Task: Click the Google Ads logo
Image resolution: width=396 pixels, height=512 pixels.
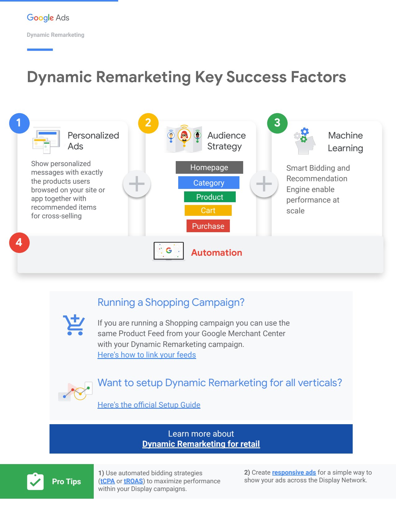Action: click(x=48, y=18)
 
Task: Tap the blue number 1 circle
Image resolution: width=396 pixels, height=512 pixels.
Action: click(x=19, y=123)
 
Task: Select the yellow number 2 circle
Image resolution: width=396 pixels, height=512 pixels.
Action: click(x=148, y=123)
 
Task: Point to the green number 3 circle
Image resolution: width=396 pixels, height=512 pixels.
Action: click(x=277, y=123)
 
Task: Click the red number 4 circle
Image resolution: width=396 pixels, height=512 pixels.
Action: click(x=19, y=243)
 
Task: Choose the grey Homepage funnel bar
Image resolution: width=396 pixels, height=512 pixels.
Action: click(x=209, y=167)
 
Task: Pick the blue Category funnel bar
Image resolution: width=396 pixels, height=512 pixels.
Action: click(x=209, y=183)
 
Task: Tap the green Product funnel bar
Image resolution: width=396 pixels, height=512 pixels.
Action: click(x=210, y=197)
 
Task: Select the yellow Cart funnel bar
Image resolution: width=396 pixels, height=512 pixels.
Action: click(x=208, y=211)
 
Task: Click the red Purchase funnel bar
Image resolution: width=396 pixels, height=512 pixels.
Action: click(x=208, y=226)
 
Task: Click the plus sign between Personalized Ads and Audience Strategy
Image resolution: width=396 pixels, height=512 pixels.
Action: click(x=137, y=184)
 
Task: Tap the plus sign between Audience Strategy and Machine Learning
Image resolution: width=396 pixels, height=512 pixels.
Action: click(x=264, y=184)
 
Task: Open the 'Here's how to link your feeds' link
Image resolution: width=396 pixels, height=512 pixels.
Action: click(x=147, y=355)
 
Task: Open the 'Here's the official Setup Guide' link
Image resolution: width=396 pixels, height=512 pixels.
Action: click(x=149, y=405)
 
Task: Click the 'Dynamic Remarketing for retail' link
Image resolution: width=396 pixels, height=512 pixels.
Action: click(x=201, y=444)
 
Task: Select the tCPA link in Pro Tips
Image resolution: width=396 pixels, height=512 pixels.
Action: click(x=108, y=481)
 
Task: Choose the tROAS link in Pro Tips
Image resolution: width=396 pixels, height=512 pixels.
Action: click(x=133, y=481)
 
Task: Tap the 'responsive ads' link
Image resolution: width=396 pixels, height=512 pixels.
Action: click(x=294, y=472)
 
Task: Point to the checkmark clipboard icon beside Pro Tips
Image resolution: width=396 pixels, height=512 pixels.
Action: click(x=35, y=481)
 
